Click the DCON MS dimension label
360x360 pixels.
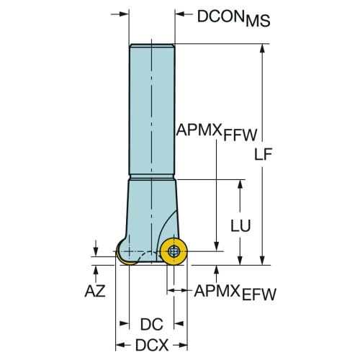233,19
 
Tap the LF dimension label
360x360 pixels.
263,154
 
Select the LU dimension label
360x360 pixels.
240,225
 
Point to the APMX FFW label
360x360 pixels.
217,132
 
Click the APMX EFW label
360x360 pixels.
235,292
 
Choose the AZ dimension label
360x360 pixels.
95,291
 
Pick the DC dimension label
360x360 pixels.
152,324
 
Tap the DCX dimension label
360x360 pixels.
152,345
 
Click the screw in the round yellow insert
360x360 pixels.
174,251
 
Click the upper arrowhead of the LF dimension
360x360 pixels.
262,48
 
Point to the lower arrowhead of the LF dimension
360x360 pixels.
262,261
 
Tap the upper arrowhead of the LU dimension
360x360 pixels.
240,184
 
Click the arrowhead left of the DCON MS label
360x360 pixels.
179,14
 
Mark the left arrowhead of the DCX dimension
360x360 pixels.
120,345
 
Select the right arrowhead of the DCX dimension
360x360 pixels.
183,345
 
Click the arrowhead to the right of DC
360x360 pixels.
179,324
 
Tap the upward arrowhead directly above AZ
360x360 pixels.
96,270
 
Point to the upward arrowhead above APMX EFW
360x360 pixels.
217,270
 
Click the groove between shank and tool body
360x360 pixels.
152,176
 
